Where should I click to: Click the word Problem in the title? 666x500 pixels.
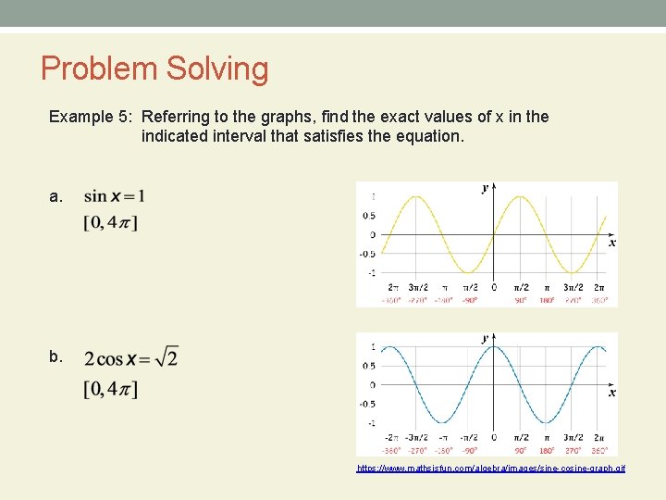coord(98,69)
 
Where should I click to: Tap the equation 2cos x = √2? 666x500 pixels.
coord(130,357)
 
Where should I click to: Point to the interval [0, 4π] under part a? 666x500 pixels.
coord(110,222)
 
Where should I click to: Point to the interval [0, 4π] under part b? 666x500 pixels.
coord(110,389)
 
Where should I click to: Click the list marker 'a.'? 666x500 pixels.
coord(56,196)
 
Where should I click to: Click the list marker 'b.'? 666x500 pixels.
coord(56,356)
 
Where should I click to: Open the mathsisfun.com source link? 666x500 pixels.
coord(491,469)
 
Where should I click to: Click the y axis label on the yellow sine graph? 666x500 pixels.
coord(485,188)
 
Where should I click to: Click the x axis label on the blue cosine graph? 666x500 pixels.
coord(611,393)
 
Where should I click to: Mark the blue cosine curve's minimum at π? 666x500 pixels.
coord(547,423)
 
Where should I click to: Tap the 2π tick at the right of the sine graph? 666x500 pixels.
coord(598,287)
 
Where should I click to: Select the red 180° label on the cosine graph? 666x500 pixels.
coord(547,450)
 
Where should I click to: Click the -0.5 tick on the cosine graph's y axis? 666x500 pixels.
coord(367,404)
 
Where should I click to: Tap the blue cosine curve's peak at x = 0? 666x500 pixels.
coord(493,347)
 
